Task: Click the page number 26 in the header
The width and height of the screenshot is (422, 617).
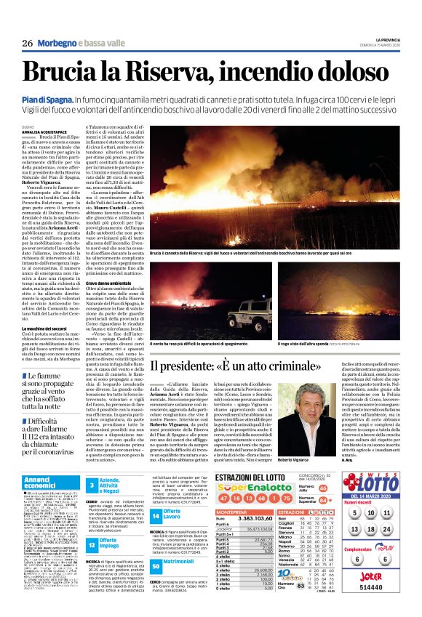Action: pyautogui.click(x=27, y=43)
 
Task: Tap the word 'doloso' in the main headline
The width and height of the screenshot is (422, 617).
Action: pyautogui.click(x=345, y=70)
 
